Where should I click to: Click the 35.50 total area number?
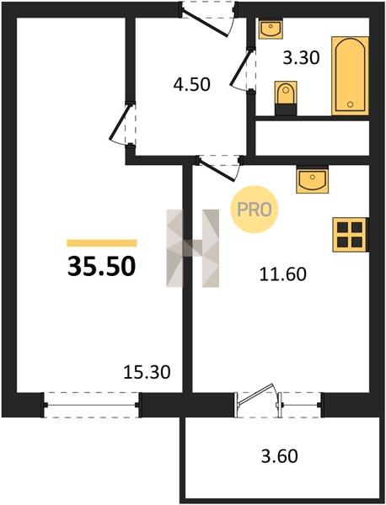[x=102, y=267]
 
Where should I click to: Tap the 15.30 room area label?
[x=147, y=372]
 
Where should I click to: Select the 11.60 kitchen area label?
[x=283, y=274]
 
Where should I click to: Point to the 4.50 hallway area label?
[x=192, y=84]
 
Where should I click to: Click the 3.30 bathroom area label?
[x=301, y=58]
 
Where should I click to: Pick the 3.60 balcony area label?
[x=279, y=456]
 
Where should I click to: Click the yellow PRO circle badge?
[x=255, y=210]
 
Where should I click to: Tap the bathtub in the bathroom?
[x=351, y=76]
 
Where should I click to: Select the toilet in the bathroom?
[x=286, y=98]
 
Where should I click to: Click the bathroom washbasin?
[x=271, y=29]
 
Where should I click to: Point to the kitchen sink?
[x=312, y=180]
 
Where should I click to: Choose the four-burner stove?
[x=350, y=235]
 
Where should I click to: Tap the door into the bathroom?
[x=243, y=69]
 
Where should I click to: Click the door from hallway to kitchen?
[x=219, y=168]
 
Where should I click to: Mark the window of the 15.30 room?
[x=92, y=405]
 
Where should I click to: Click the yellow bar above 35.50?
[x=102, y=243]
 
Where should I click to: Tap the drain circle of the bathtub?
[x=351, y=104]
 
